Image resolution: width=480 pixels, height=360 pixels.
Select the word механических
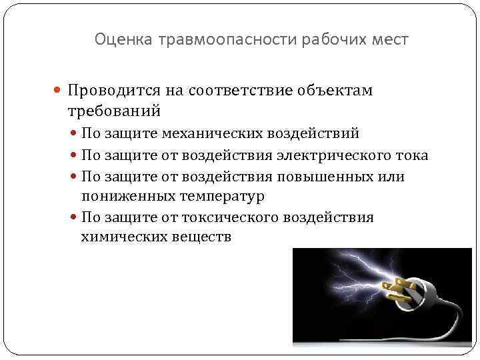[211, 134]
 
